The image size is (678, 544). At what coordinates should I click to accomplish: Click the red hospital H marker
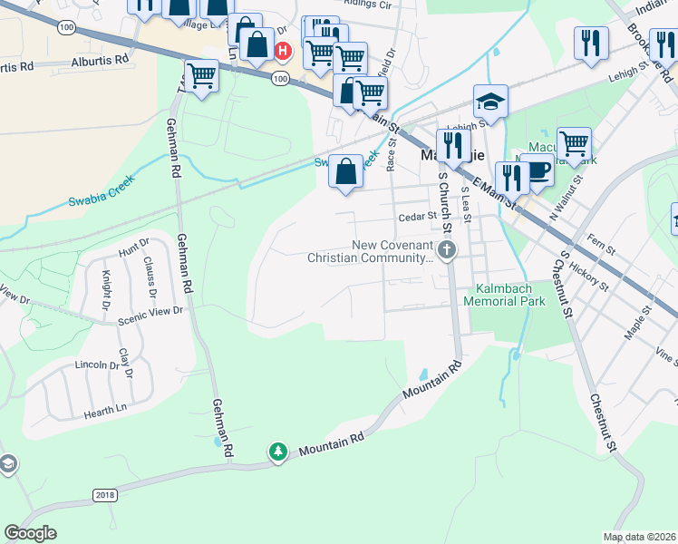tap(282, 51)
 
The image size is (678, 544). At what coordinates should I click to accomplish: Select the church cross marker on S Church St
tap(445, 249)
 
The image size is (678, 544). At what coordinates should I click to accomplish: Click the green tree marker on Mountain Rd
tap(278, 452)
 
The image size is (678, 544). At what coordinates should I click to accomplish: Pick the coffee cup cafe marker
tap(538, 170)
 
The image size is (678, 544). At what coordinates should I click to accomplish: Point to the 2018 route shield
tap(105, 494)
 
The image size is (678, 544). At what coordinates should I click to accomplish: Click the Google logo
tap(30, 533)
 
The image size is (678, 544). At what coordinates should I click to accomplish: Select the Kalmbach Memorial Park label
tap(506, 295)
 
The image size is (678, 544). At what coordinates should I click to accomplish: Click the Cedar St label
tap(418, 218)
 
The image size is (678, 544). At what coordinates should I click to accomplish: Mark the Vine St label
tap(667, 355)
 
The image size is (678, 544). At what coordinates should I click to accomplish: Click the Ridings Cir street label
tap(366, 5)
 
